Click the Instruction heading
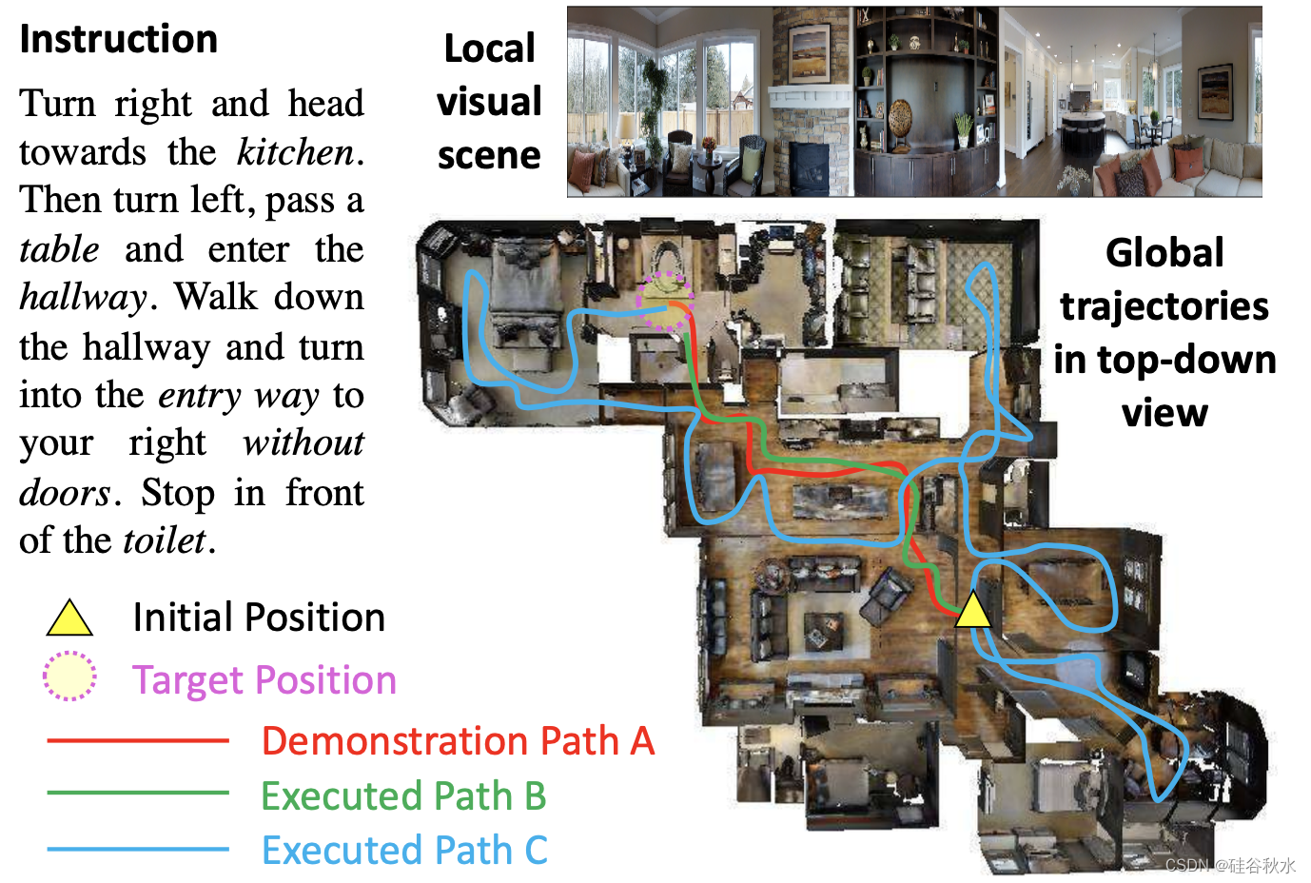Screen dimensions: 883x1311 118,39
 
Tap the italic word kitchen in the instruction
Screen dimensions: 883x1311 295,152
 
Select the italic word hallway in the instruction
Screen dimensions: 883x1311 83,298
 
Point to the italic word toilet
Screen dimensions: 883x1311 165,541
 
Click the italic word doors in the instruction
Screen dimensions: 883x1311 65,493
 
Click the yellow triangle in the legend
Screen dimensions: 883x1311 69,619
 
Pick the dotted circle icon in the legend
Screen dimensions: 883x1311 69,677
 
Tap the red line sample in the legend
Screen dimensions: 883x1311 138,740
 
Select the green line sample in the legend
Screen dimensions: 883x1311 138,793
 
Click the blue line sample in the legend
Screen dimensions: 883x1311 138,849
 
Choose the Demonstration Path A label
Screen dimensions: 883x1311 458,741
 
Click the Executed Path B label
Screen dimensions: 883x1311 403,796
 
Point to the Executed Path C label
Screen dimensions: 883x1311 404,851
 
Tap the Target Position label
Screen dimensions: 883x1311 264,680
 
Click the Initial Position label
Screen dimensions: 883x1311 259,618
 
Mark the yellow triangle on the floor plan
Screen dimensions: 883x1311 972,610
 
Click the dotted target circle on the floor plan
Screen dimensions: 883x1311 664,302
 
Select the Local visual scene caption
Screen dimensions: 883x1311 489,102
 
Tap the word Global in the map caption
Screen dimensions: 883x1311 1164,253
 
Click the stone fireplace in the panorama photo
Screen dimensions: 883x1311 811,114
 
